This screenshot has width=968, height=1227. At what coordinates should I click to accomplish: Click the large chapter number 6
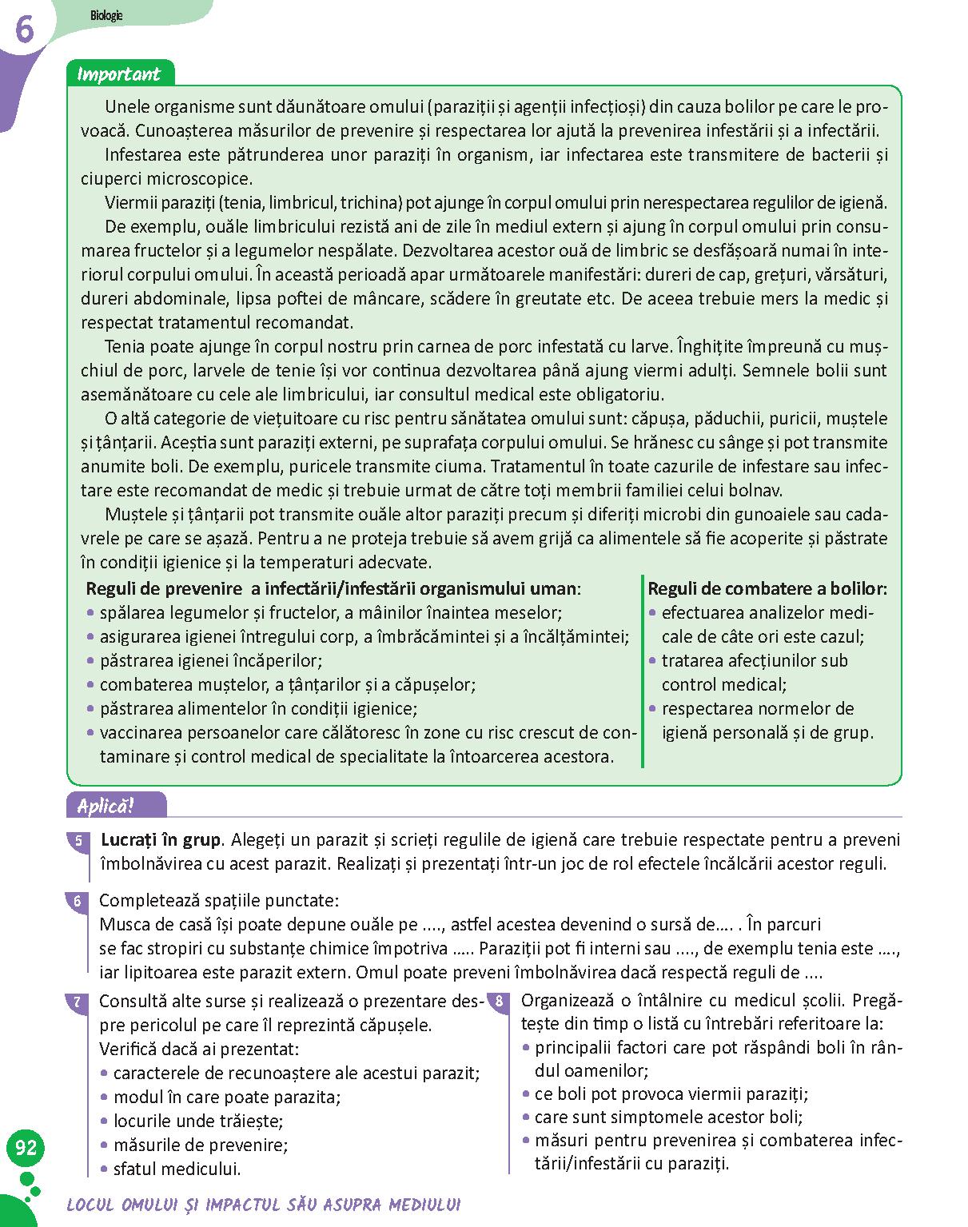tap(23, 30)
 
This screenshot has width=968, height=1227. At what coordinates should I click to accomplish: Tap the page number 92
tap(26, 1148)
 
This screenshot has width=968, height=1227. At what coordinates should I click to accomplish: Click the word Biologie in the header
tap(106, 15)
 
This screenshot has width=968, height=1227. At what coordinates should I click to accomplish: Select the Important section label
tap(118, 74)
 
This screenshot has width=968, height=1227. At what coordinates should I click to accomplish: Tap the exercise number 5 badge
tap(78, 842)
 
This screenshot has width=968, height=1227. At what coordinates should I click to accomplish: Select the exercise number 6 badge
tap(78, 902)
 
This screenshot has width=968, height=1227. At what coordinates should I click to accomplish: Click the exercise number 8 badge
tap(500, 1002)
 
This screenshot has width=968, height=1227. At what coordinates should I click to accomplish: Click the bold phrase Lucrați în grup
tap(160, 840)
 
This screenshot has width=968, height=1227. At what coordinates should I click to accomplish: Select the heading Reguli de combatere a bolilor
tap(767, 589)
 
